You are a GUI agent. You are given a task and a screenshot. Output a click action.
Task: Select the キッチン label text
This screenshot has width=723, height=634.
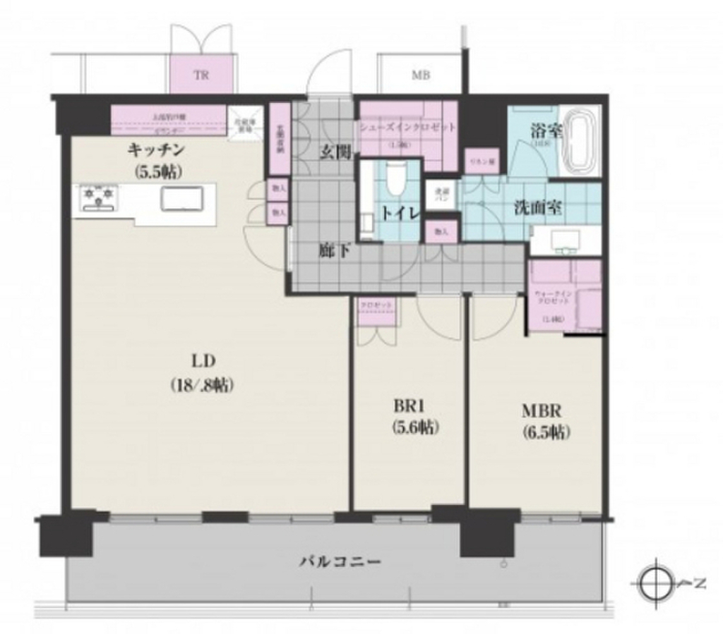click(x=156, y=149)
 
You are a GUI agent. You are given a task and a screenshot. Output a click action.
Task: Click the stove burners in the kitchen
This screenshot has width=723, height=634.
click(x=98, y=197)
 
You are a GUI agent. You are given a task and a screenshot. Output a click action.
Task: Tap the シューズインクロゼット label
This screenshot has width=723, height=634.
click(x=407, y=128)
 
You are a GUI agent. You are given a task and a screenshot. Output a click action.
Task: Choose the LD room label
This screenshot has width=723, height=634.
click(x=202, y=362)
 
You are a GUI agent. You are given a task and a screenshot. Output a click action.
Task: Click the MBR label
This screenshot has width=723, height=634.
click(x=541, y=411)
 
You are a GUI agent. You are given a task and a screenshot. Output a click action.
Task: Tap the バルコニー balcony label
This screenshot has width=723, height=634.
click(x=340, y=562)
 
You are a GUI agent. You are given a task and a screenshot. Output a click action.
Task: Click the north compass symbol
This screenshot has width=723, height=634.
click(x=657, y=583)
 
